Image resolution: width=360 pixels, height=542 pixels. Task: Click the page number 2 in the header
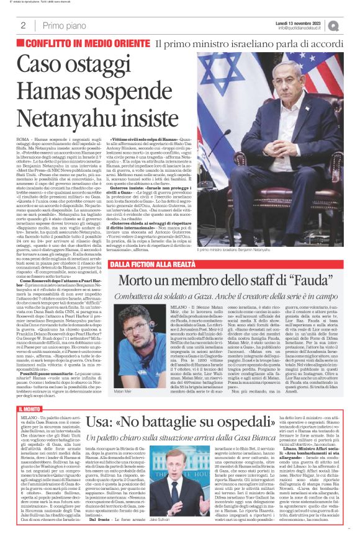point(23,25)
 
